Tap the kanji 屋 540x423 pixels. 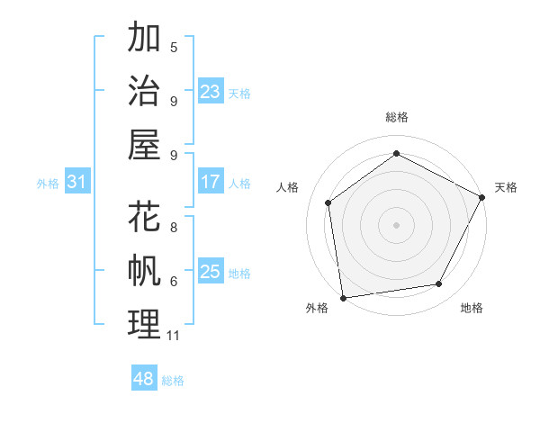click(x=144, y=143)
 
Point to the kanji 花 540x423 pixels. click(x=144, y=217)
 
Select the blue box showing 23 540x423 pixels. click(x=210, y=91)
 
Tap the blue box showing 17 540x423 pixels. click(x=210, y=183)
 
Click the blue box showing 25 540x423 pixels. click(x=210, y=272)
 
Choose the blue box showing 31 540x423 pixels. click(x=77, y=183)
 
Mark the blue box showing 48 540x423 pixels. click(x=143, y=379)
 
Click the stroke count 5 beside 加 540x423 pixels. click(x=174, y=47)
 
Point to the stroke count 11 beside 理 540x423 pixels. click(x=174, y=336)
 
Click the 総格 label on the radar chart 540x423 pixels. click(x=396, y=117)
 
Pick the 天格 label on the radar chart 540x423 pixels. click(x=506, y=187)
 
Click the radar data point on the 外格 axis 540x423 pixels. click(x=343, y=297)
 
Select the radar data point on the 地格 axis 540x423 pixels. click(x=439, y=284)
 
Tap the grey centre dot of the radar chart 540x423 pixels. click(x=396, y=224)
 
